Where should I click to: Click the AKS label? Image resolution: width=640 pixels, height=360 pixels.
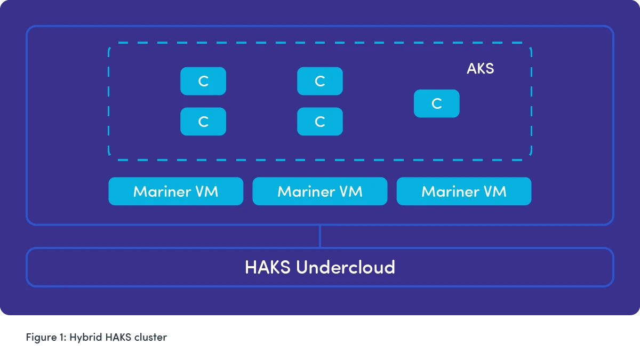point(480,68)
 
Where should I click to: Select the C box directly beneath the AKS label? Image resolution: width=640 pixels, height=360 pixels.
point(436,103)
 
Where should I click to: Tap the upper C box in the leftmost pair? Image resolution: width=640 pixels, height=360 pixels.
point(203,81)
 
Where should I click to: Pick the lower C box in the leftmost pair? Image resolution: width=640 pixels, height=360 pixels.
point(203,122)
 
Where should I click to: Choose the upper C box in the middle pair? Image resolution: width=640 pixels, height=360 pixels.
point(320,81)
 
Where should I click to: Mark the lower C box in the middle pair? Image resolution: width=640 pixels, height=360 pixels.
point(320,122)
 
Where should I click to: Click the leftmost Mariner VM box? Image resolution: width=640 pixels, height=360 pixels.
point(175,191)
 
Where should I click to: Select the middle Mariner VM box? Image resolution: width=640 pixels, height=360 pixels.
point(320,191)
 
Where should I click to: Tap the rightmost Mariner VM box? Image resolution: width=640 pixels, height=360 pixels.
point(464,191)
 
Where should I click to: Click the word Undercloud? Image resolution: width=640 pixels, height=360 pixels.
point(346,267)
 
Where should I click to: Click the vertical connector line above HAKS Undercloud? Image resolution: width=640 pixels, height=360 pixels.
point(320,236)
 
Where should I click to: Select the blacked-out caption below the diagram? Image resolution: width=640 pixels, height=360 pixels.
point(98,337)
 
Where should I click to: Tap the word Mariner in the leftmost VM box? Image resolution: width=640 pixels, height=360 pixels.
point(158,191)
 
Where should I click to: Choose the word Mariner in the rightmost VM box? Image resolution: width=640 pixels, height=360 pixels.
point(447,191)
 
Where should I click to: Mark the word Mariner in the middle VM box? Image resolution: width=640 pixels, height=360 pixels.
point(302,191)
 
